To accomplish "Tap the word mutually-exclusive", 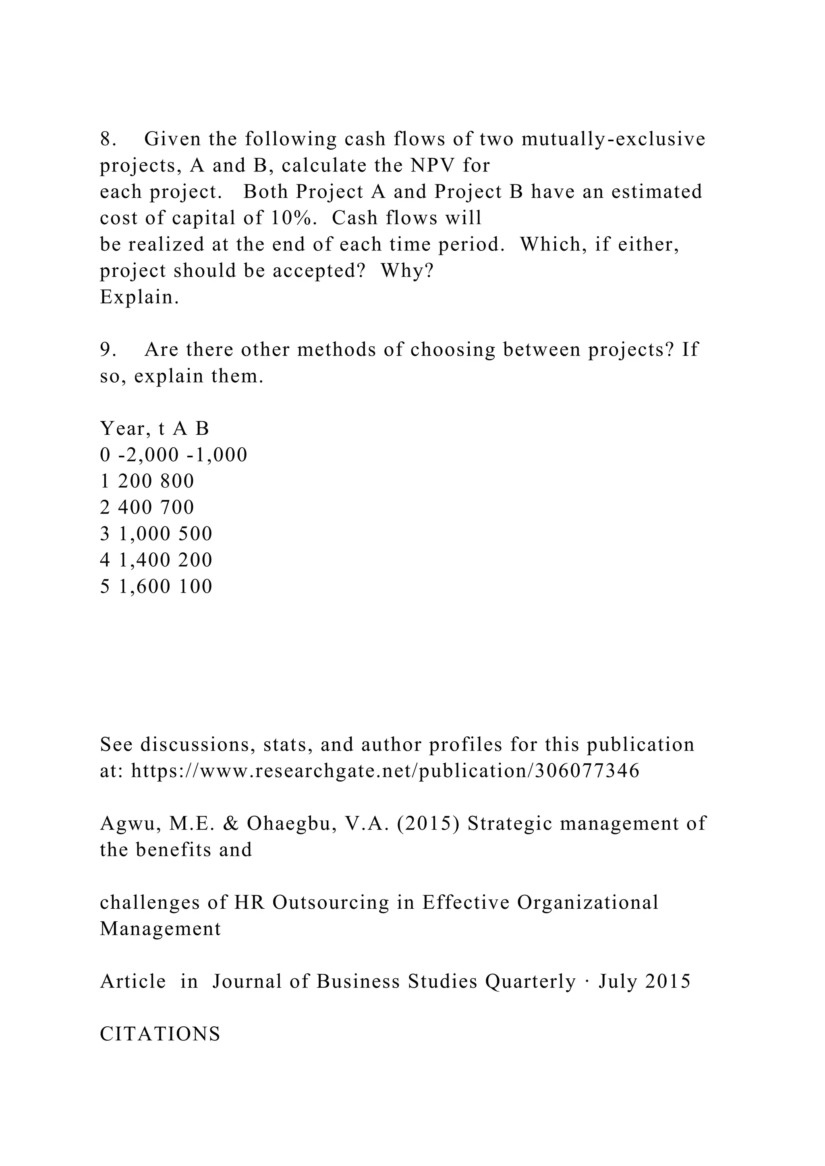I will [x=613, y=139].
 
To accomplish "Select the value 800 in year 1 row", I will [x=177, y=482].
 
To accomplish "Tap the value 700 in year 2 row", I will [x=177, y=508].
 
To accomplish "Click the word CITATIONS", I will [x=160, y=1034].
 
